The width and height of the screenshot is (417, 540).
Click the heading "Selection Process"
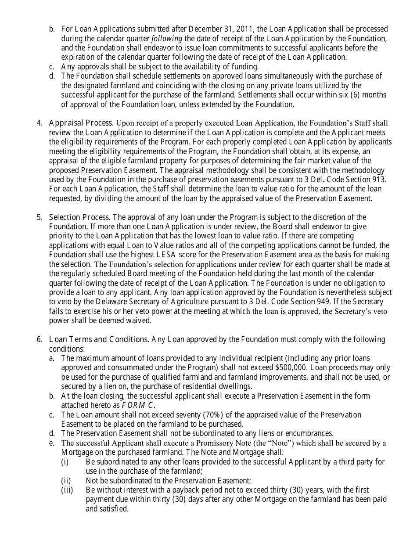pos(79,217)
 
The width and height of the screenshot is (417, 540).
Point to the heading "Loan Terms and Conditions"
pos(99,339)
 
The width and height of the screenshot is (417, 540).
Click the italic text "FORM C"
pos(138,405)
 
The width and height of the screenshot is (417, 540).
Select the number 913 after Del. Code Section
pos(379,180)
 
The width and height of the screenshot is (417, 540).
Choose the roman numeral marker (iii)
pos(68,490)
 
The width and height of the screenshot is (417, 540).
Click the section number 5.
pos(39,217)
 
